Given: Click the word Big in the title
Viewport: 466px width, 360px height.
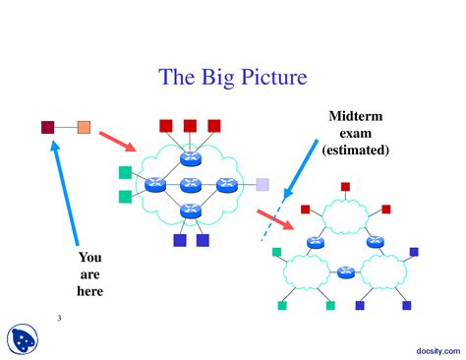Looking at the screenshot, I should click(220, 77).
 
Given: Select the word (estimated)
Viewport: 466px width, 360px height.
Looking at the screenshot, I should click(354, 150).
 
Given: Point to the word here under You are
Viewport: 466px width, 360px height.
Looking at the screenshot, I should click(89, 291).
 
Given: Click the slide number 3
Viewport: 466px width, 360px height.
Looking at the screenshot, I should click(59, 318).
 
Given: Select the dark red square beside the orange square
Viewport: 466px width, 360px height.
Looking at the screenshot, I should click(47, 127).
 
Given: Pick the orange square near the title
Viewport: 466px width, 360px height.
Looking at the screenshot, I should click(84, 127).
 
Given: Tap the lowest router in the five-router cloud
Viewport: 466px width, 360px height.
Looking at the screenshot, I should click(191, 210).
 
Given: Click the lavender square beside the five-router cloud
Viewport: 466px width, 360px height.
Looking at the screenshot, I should click(262, 184).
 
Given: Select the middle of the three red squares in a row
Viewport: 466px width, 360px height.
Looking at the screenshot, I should click(190, 126).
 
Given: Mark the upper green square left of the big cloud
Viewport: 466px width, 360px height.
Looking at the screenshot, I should click(125, 173).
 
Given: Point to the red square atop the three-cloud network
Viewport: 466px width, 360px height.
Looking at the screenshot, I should click(345, 186).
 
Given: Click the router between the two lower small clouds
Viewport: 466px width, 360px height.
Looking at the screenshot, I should click(344, 272).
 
